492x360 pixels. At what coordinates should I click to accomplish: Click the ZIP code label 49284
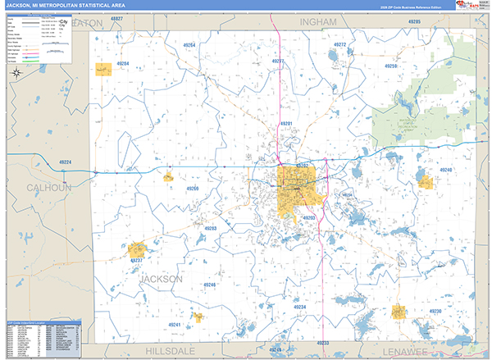click(x=122, y=63)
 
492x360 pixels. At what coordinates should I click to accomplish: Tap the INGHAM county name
click(x=318, y=21)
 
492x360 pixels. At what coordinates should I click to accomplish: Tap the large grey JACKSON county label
click(x=162, y=279)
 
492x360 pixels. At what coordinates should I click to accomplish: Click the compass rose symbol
click(x=16, y=74)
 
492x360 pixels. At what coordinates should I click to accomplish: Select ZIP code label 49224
click(x=65, y=162)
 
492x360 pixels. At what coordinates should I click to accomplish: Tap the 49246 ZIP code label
click(x=209, y=285)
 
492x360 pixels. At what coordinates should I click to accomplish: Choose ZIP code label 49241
click(x=175, y=325)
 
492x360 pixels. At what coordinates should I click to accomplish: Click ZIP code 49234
click(x=299, y=307)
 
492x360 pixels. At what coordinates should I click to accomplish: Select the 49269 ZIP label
click(x=192, y=188)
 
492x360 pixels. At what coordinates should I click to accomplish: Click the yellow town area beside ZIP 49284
click(x=103, y=70)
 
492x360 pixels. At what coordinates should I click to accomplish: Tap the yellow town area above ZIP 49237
click(x=137, y=248)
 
